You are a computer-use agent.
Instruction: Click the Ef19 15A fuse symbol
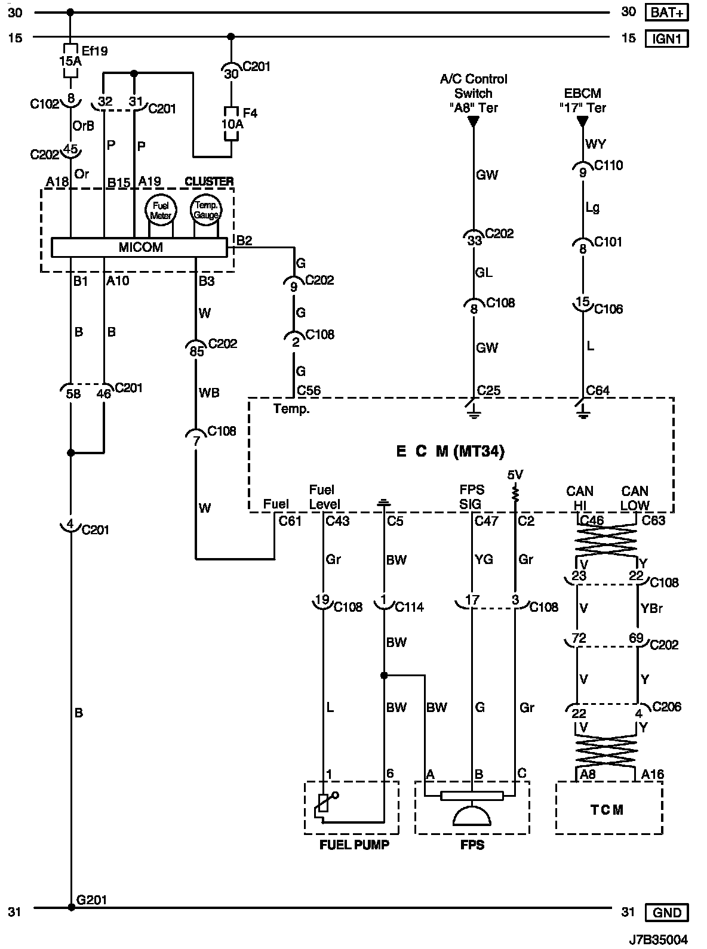(x=70, y=61)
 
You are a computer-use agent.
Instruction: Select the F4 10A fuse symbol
(x=231, y=124)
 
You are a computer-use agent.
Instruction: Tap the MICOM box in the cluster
(x=139, y=247)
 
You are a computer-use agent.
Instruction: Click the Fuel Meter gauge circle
(x=161, y=210)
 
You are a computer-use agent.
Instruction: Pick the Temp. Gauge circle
(x=206, y=209)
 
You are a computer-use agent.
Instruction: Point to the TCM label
(x=607, y=809)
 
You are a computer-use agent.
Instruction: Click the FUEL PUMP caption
(x=354, y=845)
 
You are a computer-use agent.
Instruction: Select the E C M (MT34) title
(x=450, y=451)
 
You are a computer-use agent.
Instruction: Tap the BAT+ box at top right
(x=667, y=13)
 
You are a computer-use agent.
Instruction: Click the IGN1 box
(x=667, y=39)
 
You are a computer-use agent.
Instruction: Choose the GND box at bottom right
(x=667, y=912)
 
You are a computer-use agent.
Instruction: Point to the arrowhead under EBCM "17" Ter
(x=582, y=122)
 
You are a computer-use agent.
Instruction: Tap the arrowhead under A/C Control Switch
(x=473, y=122)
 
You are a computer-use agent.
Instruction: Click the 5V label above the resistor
(x=515, y=475)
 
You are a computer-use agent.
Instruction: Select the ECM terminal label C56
(x=309, y=390)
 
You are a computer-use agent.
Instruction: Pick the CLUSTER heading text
(x=209, y=181)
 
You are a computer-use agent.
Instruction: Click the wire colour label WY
(x=596, y=144)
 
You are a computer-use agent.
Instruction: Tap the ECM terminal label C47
(x=487, y=520)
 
